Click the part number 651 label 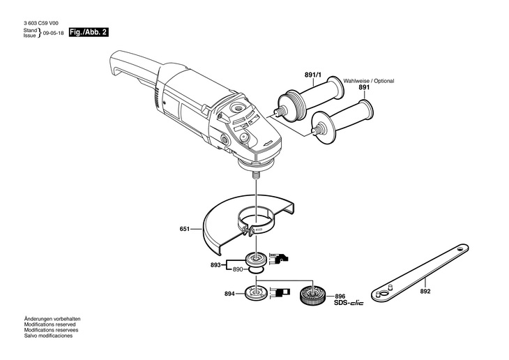pos(184,228)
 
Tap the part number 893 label pos(215,265)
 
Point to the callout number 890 pos(237,269)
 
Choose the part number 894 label pos(230,294)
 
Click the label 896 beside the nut pos(340,295)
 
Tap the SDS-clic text pos(349,303)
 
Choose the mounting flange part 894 pos(254,294)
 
